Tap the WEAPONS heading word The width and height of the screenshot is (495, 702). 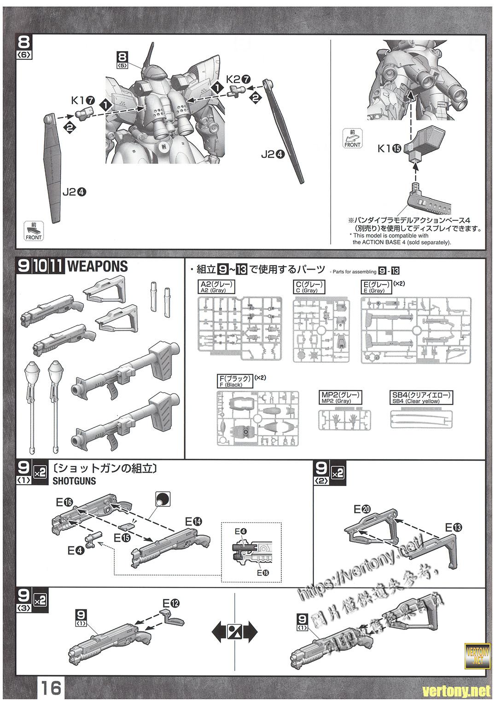click(x=97, y=266)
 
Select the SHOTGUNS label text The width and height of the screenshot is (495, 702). click(x=75, y=481)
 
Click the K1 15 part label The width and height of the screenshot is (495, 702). click(x=389, y=148)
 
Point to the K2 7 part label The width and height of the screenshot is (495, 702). click(x=238, y=79)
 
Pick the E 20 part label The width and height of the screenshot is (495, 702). click(x=362, y=509)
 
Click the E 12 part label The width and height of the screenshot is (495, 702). click(x=171, y=603)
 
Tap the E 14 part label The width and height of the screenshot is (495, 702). click(x=193, y=522)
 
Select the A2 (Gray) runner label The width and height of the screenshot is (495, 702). click(x=216, y=287)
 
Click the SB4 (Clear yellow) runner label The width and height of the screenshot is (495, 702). click(x=421, y=398)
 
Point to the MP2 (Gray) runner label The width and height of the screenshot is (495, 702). click(x=340, y=398)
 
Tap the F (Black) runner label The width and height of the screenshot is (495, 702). click(x=235, y=382)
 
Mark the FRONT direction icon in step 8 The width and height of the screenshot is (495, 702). click(x=34, y=231)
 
